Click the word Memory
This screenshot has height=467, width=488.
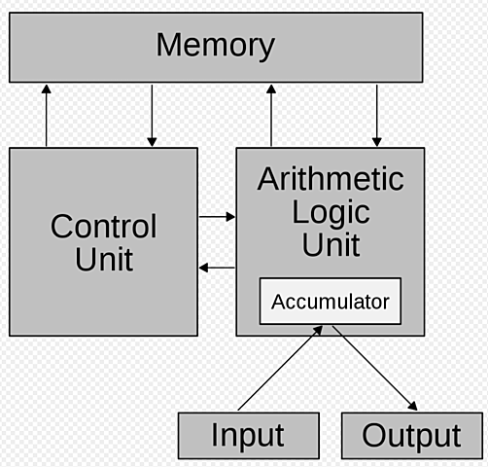click(x=215, y=45)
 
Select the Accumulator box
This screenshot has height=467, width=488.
click(x=330, y=303)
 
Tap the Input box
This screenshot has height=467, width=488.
click(x=248, y=435)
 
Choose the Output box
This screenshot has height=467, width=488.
click(x=411, y=435)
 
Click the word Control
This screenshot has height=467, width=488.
click(x=103, y=227)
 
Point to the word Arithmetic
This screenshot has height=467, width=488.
click(x=330, y=179)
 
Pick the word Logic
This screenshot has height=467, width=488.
click(x=331, y=211)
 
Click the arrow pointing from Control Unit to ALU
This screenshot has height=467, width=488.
click(x=216, y=216)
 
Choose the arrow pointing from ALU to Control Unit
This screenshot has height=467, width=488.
click(x=216, y=268)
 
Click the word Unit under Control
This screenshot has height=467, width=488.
click(x=103, y=260)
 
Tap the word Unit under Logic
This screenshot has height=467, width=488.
click(x=331, y=244)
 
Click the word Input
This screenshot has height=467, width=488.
click(x=248, y=435)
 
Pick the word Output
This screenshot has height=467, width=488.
click(x=411, y=435)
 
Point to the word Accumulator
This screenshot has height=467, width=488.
click(x=330, y=303)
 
